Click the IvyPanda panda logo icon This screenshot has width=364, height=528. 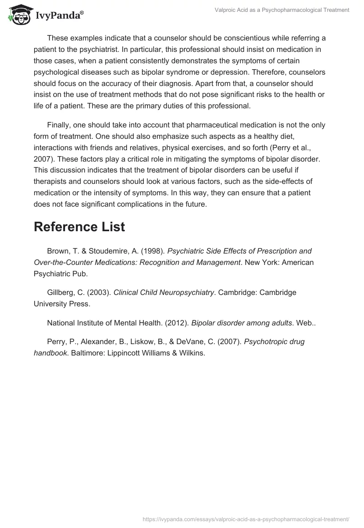click(x=19, y=14)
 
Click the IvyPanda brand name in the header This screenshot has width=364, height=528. click(x=59, y=16)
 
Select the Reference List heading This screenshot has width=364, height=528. click(x=79, y=227)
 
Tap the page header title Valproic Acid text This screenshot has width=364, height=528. click(x=282, y=10)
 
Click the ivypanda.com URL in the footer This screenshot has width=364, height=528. click(x=246, y=518)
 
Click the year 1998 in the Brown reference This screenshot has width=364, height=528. click(x=153, y=251)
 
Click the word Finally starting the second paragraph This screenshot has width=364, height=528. click(x=60, y=125)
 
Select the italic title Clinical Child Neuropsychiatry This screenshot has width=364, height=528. click(x=164, y=293)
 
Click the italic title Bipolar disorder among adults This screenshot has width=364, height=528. click(x=242, y=323)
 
